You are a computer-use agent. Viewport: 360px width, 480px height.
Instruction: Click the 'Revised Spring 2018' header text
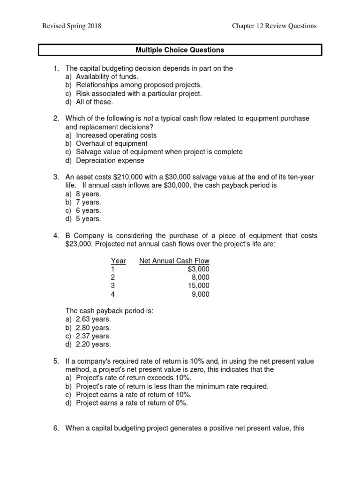pos(72,26)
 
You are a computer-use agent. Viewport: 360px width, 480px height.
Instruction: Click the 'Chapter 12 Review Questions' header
pos(274,26)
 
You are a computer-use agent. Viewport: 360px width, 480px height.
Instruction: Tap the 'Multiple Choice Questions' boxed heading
pos(180,50)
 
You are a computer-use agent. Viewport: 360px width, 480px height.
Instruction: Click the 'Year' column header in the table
pos(118,261)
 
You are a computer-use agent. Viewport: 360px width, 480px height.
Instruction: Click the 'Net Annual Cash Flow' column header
pos(174,261)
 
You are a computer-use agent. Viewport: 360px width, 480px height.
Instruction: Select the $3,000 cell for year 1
pos(198,269)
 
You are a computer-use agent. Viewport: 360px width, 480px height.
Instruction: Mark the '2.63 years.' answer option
pos(93,319)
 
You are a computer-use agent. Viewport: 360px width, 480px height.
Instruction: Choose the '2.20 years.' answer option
pos(93,345)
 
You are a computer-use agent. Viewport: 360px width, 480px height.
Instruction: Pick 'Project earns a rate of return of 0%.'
pos(131,403)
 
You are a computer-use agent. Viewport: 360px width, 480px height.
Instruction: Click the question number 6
pos(56,428)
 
